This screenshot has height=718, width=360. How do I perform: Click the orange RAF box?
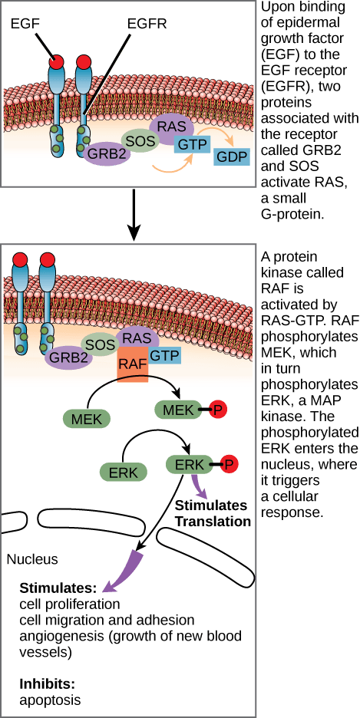click(134, 359)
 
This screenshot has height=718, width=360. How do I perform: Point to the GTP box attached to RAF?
click(164, 355)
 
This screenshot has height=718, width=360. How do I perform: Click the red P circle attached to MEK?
click(218, 410)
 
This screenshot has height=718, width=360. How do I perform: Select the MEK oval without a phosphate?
click(86, 419)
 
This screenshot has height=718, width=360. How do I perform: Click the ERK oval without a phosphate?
click(122, 473)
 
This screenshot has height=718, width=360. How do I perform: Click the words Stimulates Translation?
click(213, 514)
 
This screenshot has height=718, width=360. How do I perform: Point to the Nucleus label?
click(32, 559)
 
